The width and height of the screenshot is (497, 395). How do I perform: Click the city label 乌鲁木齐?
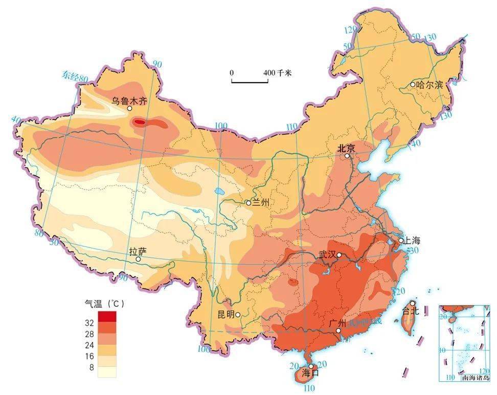[129, 101]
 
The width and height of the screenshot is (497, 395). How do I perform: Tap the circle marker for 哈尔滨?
[413, 84]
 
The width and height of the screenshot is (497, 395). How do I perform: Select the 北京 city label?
[346, 148]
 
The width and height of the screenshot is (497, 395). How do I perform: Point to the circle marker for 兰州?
[248, 203]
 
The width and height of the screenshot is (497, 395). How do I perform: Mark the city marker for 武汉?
[338, 255]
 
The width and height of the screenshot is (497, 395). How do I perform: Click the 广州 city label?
[338, 323]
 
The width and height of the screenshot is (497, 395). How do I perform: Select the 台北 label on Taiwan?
[411, 310]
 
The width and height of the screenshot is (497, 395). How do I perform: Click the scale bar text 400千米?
[277, 73]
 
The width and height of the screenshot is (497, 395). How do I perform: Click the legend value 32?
[89, 323]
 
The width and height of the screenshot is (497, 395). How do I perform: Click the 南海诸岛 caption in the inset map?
[475, 378]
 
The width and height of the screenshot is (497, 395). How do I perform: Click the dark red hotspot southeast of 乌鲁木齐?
[140, 122]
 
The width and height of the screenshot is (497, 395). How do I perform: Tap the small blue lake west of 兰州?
[219, 192]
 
